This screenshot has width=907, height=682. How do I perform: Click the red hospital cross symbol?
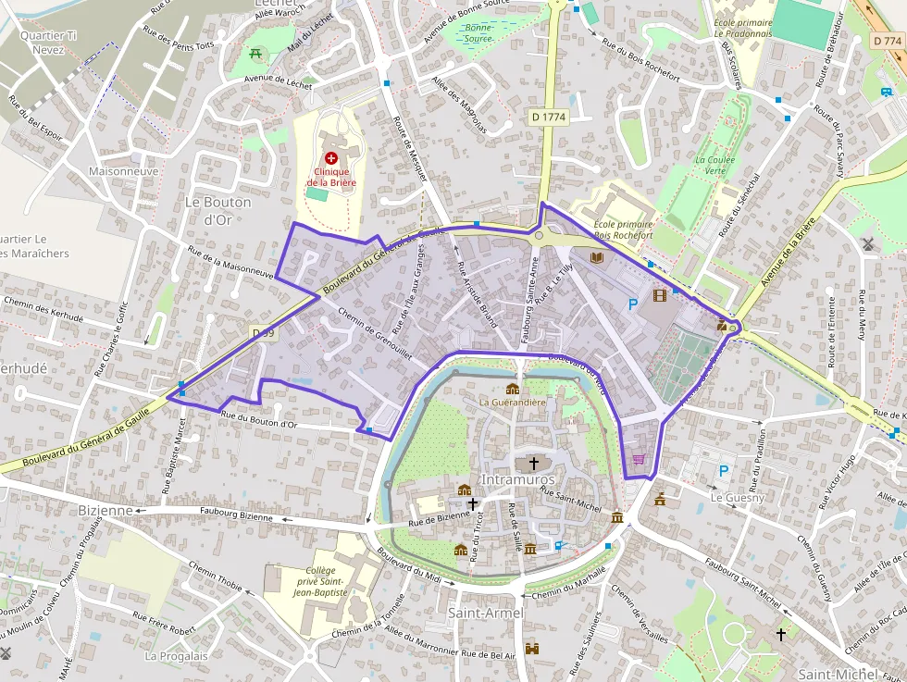click(x=331, y=159)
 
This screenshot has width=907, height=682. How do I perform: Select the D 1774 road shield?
click(x=549, y=118)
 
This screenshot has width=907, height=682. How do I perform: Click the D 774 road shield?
click(x=888, y=41)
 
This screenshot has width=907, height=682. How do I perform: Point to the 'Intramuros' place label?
click(x=518, y=480)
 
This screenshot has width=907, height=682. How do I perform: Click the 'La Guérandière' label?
click(x=513, y=403)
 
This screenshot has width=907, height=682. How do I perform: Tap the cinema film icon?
click(x=659, y=296)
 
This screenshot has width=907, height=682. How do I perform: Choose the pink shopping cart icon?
click(x=638, y=459)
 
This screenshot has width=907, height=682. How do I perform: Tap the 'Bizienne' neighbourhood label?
click(x=106, y=510)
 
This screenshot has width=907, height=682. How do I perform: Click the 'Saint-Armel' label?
click(x=486, y=614)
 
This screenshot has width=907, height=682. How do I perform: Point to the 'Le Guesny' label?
click(x=738, y=497)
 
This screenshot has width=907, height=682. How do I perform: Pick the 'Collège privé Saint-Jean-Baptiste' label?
click(x=319, y=581)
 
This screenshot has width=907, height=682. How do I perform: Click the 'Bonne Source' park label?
click(x=478, y=33)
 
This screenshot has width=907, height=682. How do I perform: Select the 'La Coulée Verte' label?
click(x=715, y=165)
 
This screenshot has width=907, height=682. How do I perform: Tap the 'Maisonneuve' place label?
click(x=123, y=171)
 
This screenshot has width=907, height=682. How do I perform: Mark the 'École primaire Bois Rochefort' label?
click(x=623, y=229)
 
